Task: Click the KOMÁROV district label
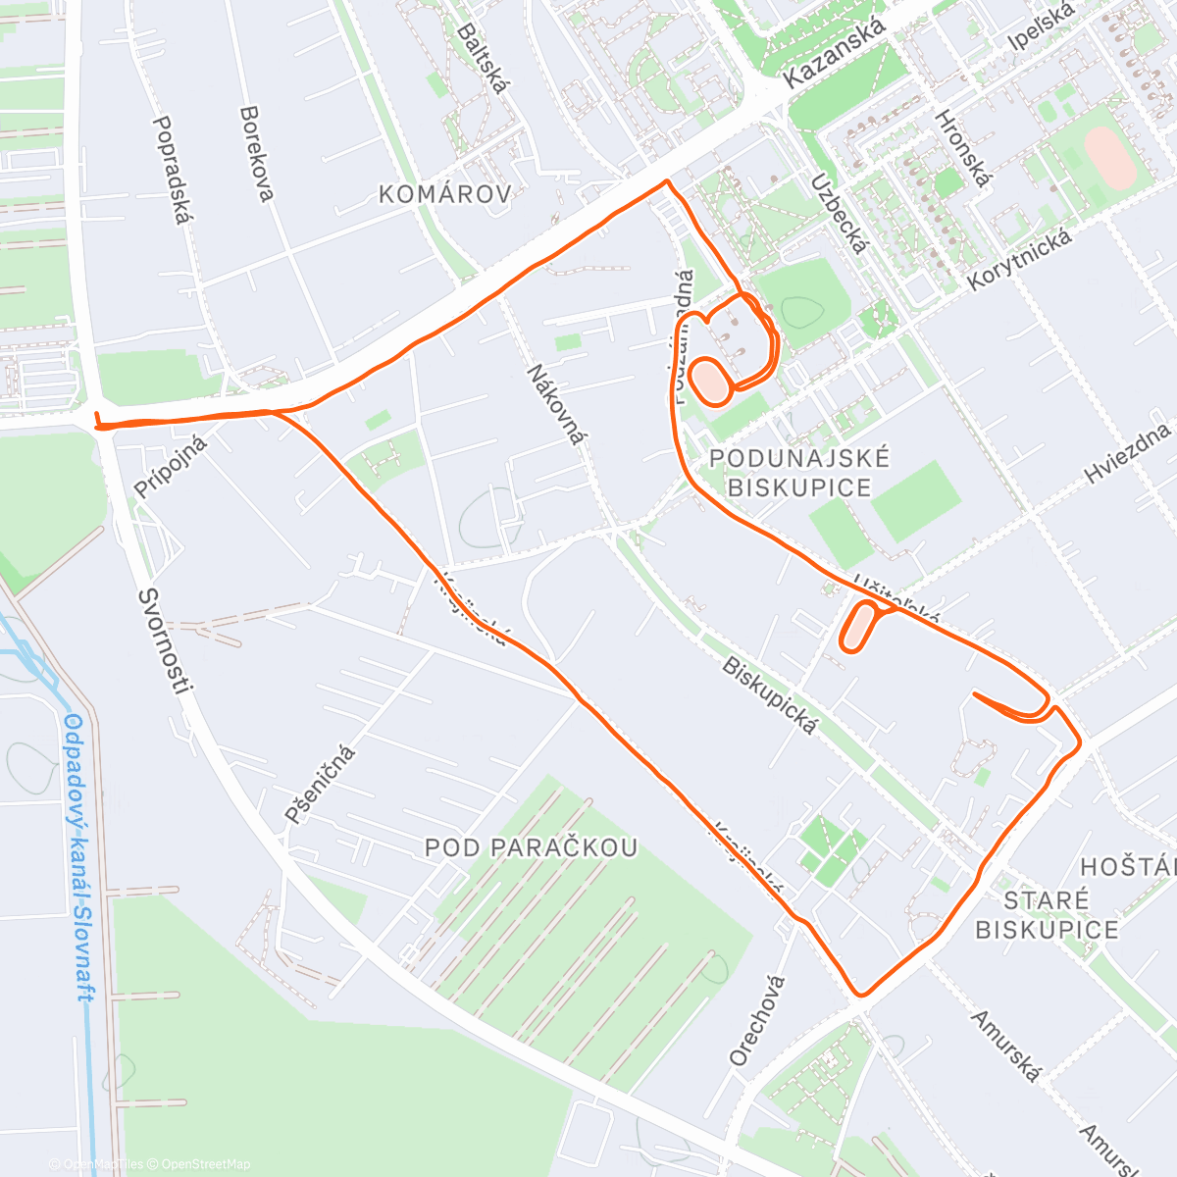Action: coord(445,194)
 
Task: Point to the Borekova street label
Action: coord(256,154)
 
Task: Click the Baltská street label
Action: coord(484,58)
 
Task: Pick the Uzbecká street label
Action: coord(839,213)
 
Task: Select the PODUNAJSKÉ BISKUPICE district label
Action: coord(799,473)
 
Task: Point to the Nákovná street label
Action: coord(555,403)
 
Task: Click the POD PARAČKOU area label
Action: coord(532,847)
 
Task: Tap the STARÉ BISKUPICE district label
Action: coord(1047,915)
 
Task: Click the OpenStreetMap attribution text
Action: coord(205,1164)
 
